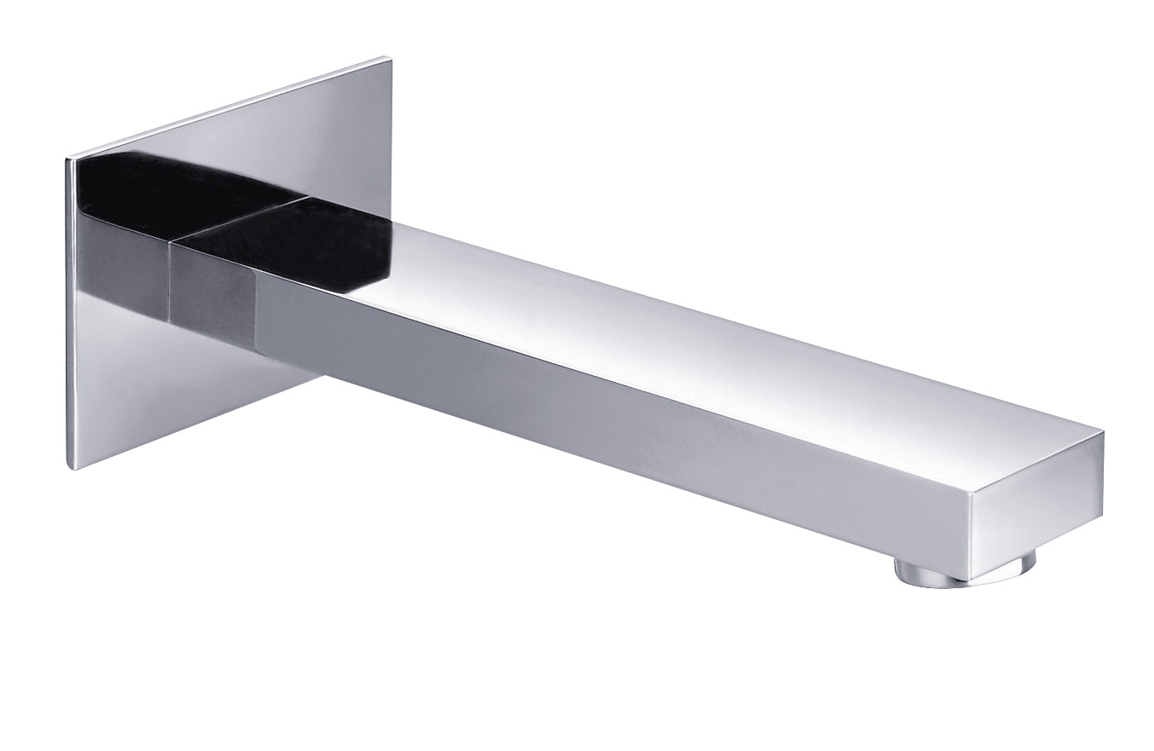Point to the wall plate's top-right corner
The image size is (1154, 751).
point(391,59)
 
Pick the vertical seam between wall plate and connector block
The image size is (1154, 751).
point(170,281)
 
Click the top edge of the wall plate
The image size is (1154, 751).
point(230,107)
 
